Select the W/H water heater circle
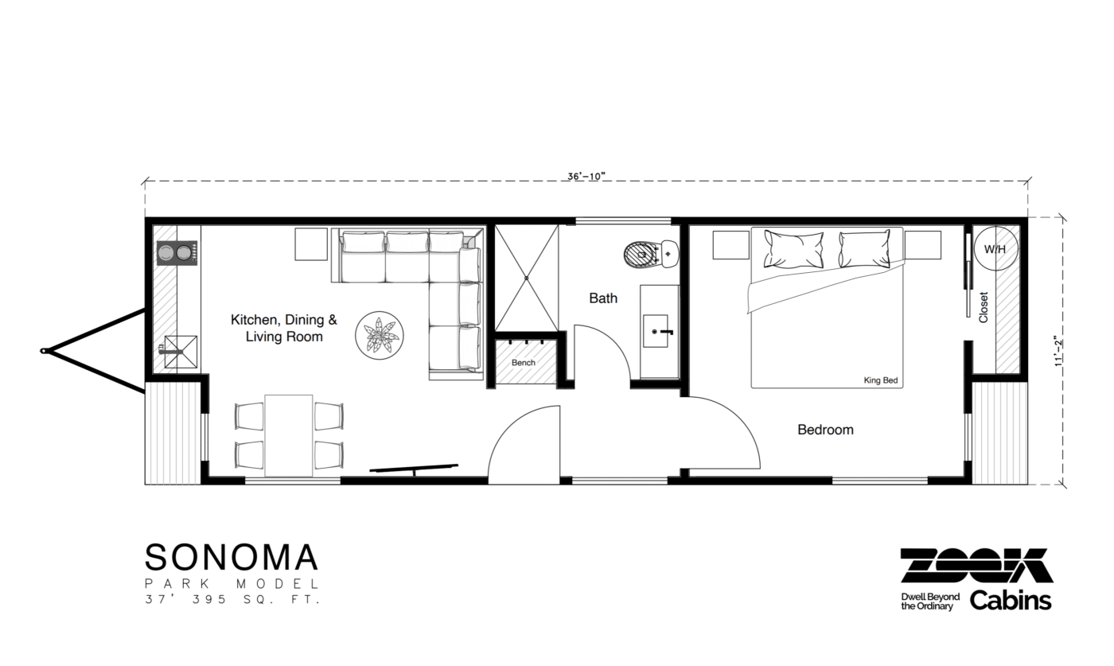995,249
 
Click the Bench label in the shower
523,363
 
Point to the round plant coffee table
379,336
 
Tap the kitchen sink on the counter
180,349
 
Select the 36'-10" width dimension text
587,177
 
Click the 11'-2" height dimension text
1059,350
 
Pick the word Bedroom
825,430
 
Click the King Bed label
880,380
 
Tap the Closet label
984,306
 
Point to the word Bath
603,298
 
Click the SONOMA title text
232,557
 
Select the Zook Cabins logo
976,578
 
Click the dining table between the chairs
289,435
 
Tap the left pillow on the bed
793,248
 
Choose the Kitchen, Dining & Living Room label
284,328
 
